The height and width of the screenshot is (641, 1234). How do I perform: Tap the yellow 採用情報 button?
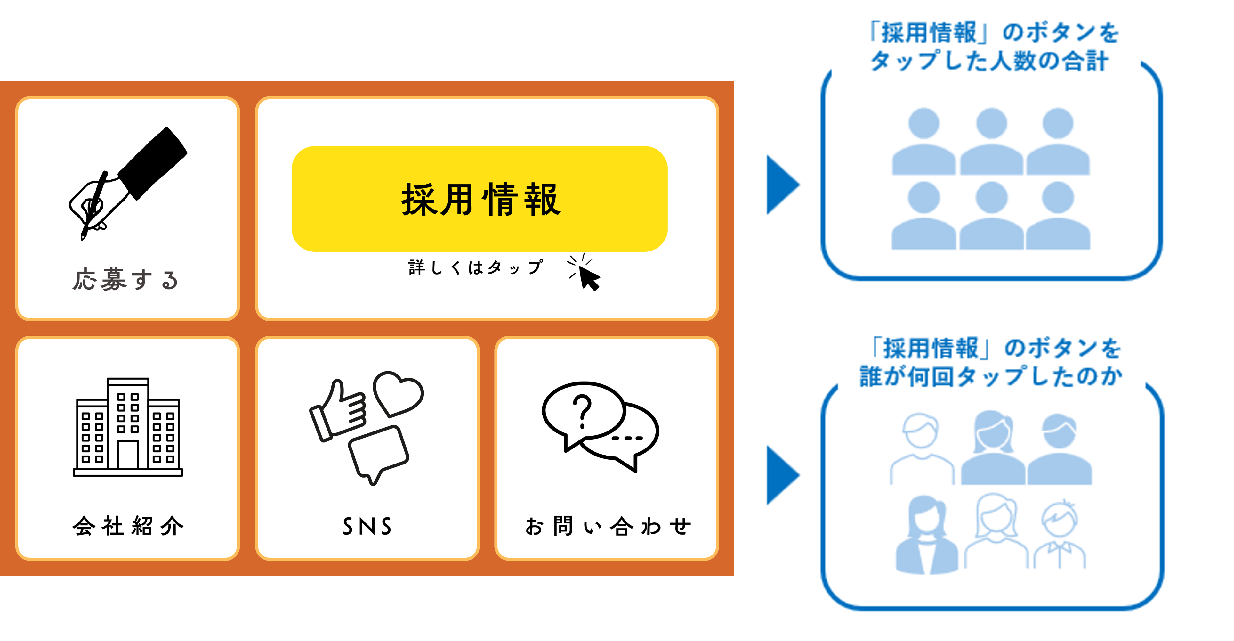pos(480,199)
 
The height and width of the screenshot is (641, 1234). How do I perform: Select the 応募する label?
pos(125,280)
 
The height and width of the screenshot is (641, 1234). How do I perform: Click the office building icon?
pos(128,427)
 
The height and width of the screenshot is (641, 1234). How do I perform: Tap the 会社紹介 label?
pos(128,526)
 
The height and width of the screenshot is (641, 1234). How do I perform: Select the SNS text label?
pos(367,526)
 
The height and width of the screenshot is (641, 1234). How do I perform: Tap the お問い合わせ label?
pos(608,526)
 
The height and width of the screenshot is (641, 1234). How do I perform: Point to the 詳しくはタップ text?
pos(476,267)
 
